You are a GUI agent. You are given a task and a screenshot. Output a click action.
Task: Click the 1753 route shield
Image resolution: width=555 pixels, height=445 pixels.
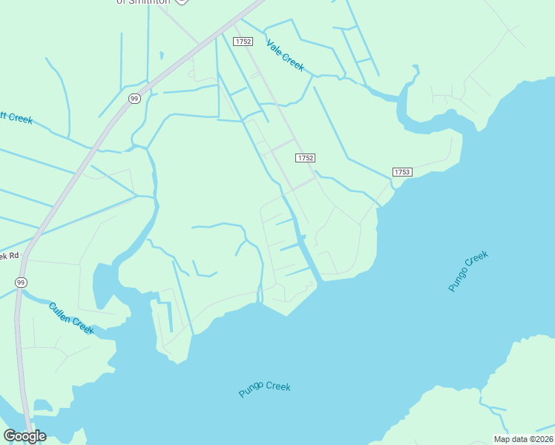pyautogui.click(x=401, y=172)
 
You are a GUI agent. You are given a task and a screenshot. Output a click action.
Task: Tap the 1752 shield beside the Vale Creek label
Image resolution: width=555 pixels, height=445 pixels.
pyautogui.click(x=243, y=42)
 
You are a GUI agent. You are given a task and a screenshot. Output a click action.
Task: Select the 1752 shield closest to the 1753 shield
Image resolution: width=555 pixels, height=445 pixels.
pyautogui.click(x=306, y=158)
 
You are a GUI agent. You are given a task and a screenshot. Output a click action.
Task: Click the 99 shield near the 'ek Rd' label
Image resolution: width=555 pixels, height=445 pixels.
pyautogui.click(x=21, y=283)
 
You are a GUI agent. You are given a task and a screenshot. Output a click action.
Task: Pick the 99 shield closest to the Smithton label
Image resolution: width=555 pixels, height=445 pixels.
pyautogui.click(x=134, y=99)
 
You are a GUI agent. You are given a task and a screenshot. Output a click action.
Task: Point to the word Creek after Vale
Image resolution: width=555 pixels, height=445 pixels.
pyautogui.click(x=293, y=62)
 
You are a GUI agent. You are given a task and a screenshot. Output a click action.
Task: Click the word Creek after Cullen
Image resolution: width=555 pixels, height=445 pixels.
pyautogui.click(x=83, y=326)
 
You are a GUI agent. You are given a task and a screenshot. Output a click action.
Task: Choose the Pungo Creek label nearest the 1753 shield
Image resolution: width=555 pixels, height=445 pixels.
pyautogui.click(x=468, y=272)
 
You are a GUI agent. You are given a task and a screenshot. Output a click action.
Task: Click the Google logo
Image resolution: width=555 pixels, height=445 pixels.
pyautogui.click(x=24, y=436)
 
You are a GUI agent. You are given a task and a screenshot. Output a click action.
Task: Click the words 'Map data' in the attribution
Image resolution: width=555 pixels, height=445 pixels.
pyautogui.click(x=510, y=439)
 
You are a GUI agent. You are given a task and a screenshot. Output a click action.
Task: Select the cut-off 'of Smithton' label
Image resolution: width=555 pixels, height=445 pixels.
pyautogui.click(x=142, y=2)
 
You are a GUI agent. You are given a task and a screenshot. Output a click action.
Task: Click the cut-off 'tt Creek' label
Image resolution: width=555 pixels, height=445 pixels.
pyautogui.click(x=16, y=117)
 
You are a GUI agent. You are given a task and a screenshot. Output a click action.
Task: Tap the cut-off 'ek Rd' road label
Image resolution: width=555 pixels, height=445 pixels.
pyautogui.click(x=9, y=256)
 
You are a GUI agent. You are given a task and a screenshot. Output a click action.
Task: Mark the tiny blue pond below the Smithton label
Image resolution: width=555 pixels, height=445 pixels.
pyautogui.click(x=161, y=54)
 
